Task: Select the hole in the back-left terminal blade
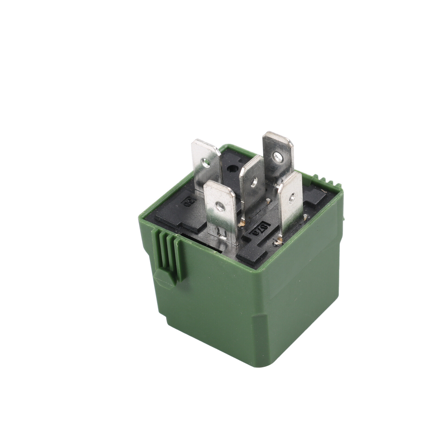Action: [x=206, y=163]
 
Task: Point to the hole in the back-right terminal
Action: [x=277, y=156]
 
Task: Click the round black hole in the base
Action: [x=232, y=169]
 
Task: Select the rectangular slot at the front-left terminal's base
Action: [x=222, y=233]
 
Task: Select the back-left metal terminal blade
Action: [x=207, y=165]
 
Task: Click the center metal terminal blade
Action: [x=252, y=187]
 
